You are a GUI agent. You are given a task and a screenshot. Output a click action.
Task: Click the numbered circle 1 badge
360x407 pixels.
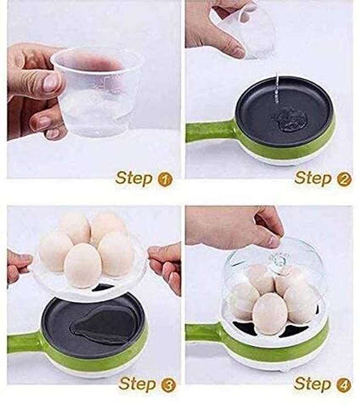click(166, 180)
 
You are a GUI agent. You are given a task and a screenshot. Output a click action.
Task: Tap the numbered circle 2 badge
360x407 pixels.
click(344, 180)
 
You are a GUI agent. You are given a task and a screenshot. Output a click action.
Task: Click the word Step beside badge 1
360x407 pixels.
click(134, 178)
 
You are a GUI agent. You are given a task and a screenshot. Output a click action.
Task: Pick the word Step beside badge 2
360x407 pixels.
click(313, 178)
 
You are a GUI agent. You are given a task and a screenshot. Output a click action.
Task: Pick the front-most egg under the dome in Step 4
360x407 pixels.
click(270, 312)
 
